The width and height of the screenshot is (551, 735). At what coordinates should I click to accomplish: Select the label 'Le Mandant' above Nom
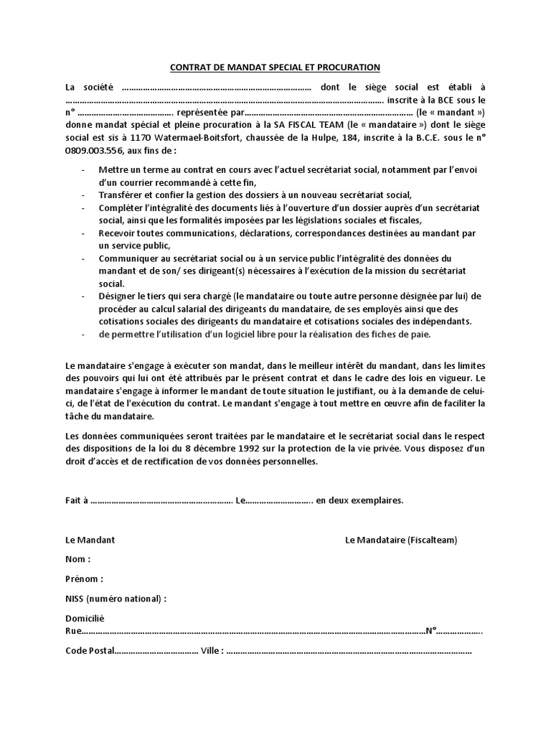(90, 540)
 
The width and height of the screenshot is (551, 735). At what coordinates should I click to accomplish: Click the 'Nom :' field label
(77, 559)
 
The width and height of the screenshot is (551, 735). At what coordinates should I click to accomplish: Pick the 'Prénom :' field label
(84, 579)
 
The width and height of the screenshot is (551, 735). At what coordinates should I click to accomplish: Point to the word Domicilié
(85, 618)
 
